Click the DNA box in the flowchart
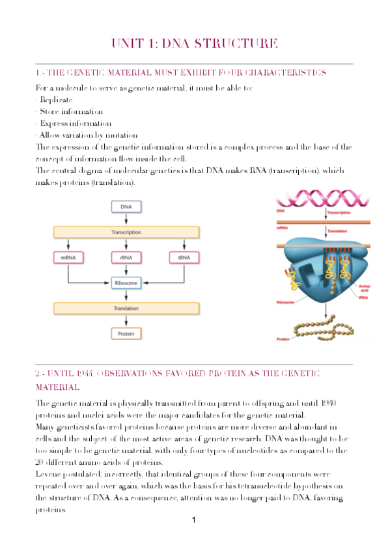[126, 207]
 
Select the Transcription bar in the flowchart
[126, 232]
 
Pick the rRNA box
[126, 258]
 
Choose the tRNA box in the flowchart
[183, 258]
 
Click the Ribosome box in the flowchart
[126, 283]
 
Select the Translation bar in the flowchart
[126, 309]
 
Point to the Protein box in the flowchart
[126, 334]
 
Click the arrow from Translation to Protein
[126, 322]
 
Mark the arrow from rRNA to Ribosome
[126, 271]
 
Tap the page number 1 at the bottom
[194, 520]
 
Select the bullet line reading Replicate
[55, 100]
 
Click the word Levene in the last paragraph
[49, 476]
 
